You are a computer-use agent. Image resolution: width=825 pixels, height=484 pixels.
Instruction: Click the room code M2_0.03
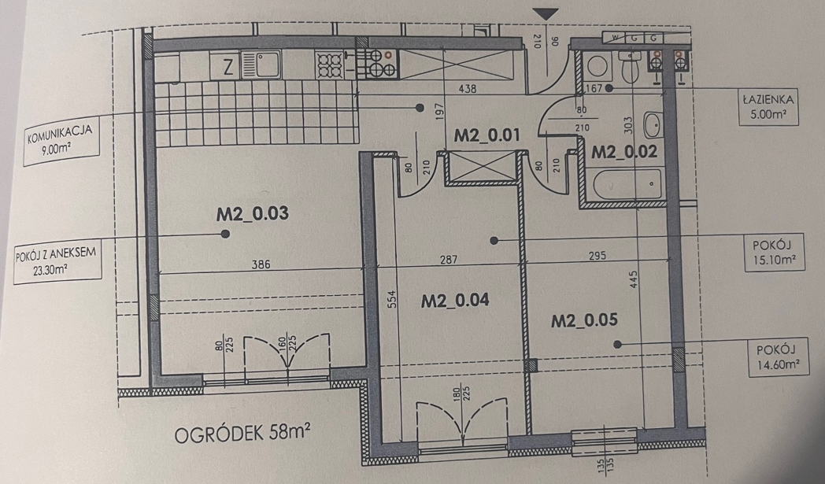pos(252,213)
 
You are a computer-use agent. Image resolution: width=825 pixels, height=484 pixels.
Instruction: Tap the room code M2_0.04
pos(455,301)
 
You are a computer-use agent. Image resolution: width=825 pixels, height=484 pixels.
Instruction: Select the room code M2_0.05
pos(584,320)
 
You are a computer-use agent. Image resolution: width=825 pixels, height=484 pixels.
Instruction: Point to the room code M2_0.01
pos(486,135)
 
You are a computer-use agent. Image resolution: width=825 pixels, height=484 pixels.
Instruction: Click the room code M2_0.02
pos(624,152)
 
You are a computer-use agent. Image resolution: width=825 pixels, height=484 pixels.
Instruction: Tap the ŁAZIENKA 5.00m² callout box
pos(768,107)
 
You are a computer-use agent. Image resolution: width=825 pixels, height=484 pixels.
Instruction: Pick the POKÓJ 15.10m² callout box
pos(775,253)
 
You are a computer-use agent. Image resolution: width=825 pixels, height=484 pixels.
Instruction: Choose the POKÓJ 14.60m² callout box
pos(779,357)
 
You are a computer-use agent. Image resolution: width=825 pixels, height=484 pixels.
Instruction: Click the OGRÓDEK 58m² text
pos(242,434)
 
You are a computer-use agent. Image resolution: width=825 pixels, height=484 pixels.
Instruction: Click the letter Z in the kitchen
pos(228,68)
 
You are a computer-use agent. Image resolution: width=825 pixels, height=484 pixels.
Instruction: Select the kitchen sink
pos(261,65)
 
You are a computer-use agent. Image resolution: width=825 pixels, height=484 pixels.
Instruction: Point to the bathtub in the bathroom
pos(627,185)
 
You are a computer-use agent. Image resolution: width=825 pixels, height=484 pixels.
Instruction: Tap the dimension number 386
pos(261,264)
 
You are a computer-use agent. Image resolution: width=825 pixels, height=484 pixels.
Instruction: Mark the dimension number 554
pos(391,299)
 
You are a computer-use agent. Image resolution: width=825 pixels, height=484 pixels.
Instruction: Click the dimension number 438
pos(468,89)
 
